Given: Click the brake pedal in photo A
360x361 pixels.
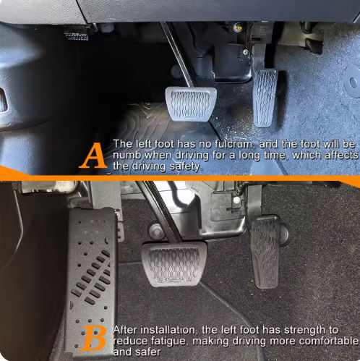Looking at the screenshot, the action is click(191, 104).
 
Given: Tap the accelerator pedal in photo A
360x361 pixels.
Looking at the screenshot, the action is click(265, 98).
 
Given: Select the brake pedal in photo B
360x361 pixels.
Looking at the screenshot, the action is click(173, 263).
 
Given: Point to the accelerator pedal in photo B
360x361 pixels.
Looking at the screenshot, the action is click(265, 252).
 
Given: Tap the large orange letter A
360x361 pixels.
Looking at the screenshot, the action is click(93, 156).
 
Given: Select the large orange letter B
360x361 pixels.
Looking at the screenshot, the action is click(93, 338).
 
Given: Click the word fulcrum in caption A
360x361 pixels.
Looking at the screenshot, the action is click(233, 144).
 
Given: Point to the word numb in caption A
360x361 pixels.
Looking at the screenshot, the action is click(127, 155).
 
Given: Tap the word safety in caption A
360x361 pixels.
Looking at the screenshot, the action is click(185, 166).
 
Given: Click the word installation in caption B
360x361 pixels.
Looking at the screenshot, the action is click(166, 330).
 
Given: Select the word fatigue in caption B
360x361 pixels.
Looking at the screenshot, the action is click(170, 341).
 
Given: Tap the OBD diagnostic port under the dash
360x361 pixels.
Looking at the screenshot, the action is click(77, 35).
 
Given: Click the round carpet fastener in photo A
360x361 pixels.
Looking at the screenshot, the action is click(353, 82).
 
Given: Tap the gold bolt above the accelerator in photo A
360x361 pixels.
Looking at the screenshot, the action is click(238, 27).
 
